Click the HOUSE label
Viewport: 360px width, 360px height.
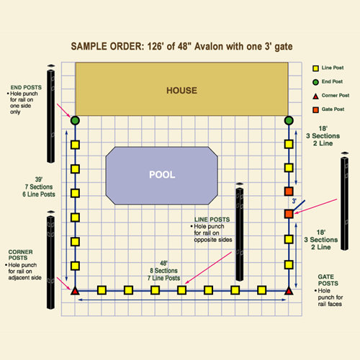[181, 91]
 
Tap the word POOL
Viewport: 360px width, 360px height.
[162, 175]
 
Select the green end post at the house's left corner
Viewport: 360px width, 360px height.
[75, 120]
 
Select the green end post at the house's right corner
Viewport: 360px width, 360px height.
[289, 120]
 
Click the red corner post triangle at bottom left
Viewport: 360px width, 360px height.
[75, 291]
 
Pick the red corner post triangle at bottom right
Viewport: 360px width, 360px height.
[289, 291]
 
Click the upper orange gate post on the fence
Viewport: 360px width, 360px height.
[289, 192]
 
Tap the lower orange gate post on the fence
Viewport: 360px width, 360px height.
[289, 214]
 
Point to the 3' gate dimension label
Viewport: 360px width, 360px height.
[294, 201]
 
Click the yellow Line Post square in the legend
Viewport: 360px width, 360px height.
[315, 68]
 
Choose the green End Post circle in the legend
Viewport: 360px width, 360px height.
[315, 82]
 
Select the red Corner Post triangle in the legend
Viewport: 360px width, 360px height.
[315, 96]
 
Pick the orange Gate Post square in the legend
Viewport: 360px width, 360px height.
[315, 110]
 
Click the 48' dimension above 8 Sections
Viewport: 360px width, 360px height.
[163, 264]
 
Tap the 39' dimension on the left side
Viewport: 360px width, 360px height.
[39, 179]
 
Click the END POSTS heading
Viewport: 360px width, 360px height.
[26, 87]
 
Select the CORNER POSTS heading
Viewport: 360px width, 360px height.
[20, 255]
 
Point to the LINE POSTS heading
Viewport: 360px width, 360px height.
[212, 220]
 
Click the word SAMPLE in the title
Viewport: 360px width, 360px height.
[89, 46]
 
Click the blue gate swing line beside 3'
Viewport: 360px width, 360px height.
[299, 206]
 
